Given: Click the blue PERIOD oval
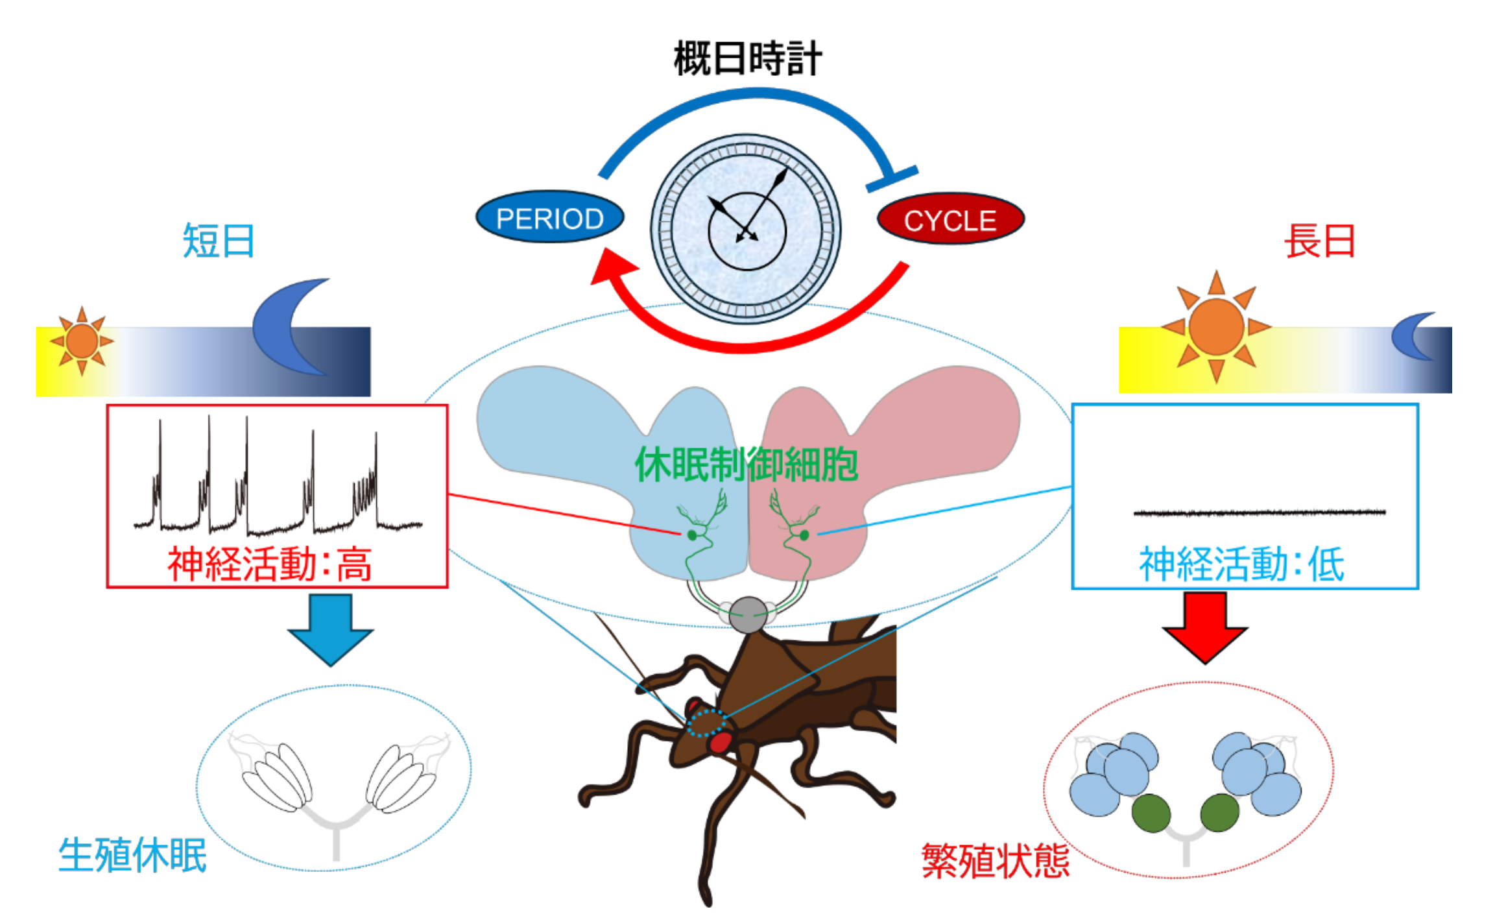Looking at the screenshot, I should coord(549,217).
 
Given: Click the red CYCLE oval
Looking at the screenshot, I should coord(950,219).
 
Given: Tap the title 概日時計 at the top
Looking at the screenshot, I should coord(747,58).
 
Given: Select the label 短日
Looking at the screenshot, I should coord(218,241).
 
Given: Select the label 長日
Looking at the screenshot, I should coord(1320,241).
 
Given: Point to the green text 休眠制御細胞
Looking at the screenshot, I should coord(747,464).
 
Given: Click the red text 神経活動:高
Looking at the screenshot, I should coord(270,563).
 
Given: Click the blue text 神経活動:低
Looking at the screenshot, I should coord(1241,563).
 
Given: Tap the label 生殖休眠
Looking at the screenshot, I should coord(132,855).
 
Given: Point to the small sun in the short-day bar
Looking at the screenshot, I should coord(82,341).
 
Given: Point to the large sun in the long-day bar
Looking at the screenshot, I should coord(1216,327).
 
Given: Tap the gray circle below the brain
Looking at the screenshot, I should coord(748,614).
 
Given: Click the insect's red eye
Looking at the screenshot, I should coord(719,741).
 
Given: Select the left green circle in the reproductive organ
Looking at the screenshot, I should coord(1151,813).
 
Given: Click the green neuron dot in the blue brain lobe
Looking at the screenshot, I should coord(692,535).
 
